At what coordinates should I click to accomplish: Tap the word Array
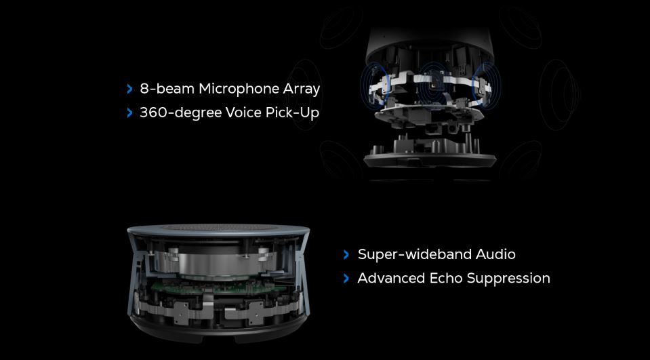pyautogui.click(x=302, y=89)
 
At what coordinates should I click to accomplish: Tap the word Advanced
pyautogui.click(x=391, y=278)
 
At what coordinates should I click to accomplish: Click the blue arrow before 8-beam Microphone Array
pyautogui.click(x=129, y=89)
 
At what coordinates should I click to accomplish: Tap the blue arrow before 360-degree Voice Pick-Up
pyautogui.click(x=129, y=113)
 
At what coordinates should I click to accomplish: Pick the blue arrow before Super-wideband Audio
pyautogui.click(x=346, y=255)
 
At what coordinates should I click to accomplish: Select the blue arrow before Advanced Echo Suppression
pyautogui.click(x=346, y=278)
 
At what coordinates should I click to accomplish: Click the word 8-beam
pyautogui.click(x=167, y=89)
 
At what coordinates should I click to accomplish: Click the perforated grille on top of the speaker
pyautogui.click(x=218, y=227)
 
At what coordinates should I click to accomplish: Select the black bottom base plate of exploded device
pyautogui.click(x=430, y=160)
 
